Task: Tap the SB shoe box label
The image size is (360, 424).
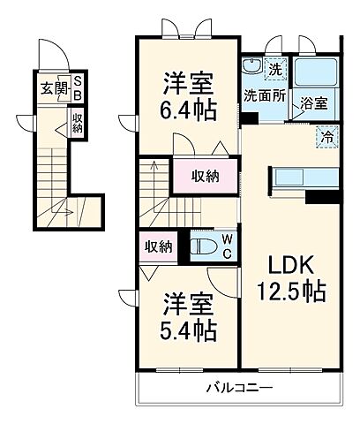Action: [77, 87]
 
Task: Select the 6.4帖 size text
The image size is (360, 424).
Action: [186, 109]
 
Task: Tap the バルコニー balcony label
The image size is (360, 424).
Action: [239, 388]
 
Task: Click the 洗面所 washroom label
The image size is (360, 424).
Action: [264, 97]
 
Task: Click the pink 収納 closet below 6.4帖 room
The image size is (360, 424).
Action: [206, 175]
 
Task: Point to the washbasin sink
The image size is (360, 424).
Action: [251, 68]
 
